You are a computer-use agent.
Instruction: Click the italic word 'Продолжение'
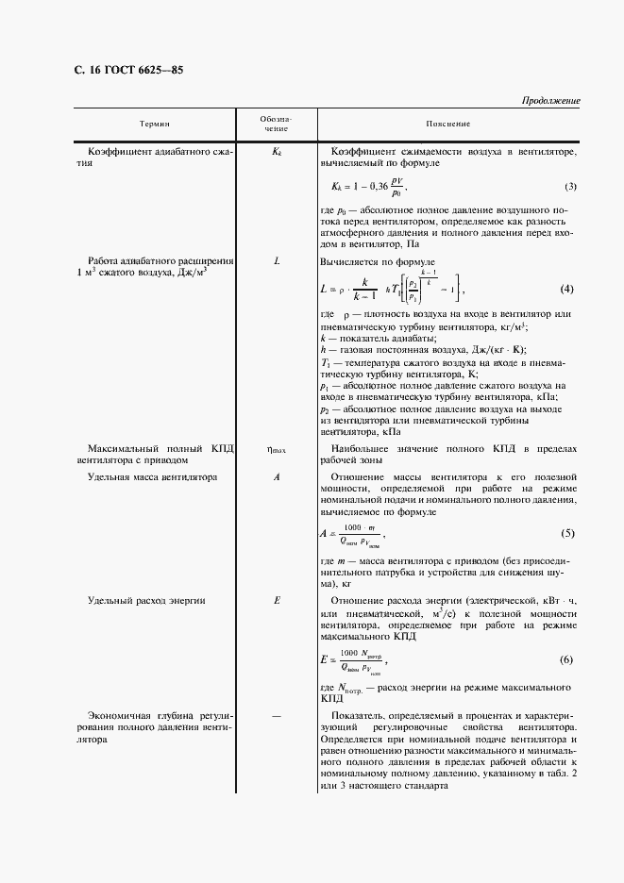click(550, 101)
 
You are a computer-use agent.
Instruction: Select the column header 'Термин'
click(156, 125)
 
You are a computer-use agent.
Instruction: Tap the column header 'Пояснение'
click(447, 125)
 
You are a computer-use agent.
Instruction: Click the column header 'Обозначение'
click(277, 125)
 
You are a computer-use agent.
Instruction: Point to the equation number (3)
click(570, 187)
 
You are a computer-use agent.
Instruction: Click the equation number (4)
click(567, 288)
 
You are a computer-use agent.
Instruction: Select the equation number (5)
click(567, 534)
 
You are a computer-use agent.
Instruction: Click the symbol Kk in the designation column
click(277, 152)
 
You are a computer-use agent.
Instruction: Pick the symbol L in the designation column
click(277, 260)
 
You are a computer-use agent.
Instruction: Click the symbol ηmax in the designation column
click(277, 450)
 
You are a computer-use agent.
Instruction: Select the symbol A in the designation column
click(277, 477)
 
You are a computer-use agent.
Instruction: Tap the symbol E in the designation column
click(277, 601)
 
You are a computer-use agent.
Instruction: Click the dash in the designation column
click(277, 716)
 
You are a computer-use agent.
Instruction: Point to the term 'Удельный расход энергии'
click(146, 601)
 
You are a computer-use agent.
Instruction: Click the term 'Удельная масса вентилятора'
click(152, 477)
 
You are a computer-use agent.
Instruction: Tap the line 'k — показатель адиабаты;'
click(378, 338)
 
